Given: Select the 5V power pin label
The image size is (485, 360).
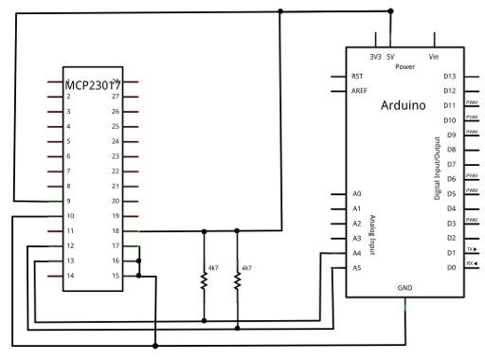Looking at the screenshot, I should tap(390, 57).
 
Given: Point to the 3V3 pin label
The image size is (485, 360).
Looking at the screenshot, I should tap(375, 57).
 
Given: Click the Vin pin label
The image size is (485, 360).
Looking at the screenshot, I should tap(434, 57).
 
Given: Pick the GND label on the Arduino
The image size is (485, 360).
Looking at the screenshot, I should tap(404, 285).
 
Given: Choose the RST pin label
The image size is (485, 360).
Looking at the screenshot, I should tap(357, 76).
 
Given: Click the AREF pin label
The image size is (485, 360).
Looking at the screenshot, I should tap(359, 91).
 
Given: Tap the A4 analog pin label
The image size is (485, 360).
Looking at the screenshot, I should tap(356, 253).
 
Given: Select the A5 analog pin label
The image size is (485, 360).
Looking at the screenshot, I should tap(356, 268).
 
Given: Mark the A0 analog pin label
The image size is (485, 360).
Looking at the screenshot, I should tap(356, 193).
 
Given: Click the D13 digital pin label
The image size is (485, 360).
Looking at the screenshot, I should tap(450, 76).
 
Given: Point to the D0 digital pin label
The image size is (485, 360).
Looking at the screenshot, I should tap(452, 268).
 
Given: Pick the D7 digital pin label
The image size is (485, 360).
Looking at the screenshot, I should tap(452, 165).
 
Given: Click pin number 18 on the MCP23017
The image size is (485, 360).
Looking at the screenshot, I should tap(116, 231).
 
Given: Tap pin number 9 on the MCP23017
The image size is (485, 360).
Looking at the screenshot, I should tap(69, 202).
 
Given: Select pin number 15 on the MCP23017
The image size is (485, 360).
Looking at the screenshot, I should tap(116, 276).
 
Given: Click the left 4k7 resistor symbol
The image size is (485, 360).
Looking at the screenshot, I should tap(204, 279).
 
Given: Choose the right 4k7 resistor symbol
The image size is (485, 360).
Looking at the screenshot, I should tap(238, 279).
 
